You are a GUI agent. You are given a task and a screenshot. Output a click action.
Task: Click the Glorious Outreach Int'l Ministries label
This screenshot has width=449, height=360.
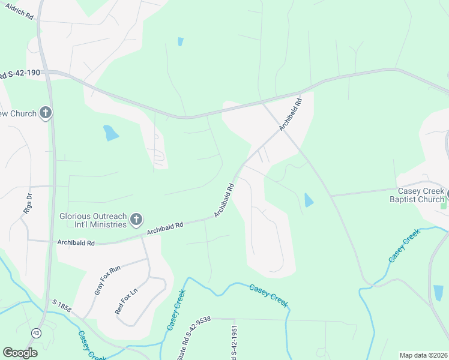pos(92,220)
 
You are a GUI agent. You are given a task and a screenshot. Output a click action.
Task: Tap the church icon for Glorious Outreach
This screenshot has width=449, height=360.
pos(136,220)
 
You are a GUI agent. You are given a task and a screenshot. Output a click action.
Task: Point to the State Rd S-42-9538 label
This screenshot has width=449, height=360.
pos(197,339)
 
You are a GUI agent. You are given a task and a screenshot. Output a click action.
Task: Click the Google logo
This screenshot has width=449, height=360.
pos(20,353)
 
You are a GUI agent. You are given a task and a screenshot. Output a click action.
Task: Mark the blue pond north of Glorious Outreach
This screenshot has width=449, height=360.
pos(110,133)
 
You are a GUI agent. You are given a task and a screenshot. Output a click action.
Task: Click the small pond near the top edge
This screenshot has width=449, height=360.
pos(180,42)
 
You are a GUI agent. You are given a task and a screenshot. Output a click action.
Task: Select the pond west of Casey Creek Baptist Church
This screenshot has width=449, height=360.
pos(309,200)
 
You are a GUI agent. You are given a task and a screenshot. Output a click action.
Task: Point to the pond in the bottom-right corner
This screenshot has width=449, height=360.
pos(439,293)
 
